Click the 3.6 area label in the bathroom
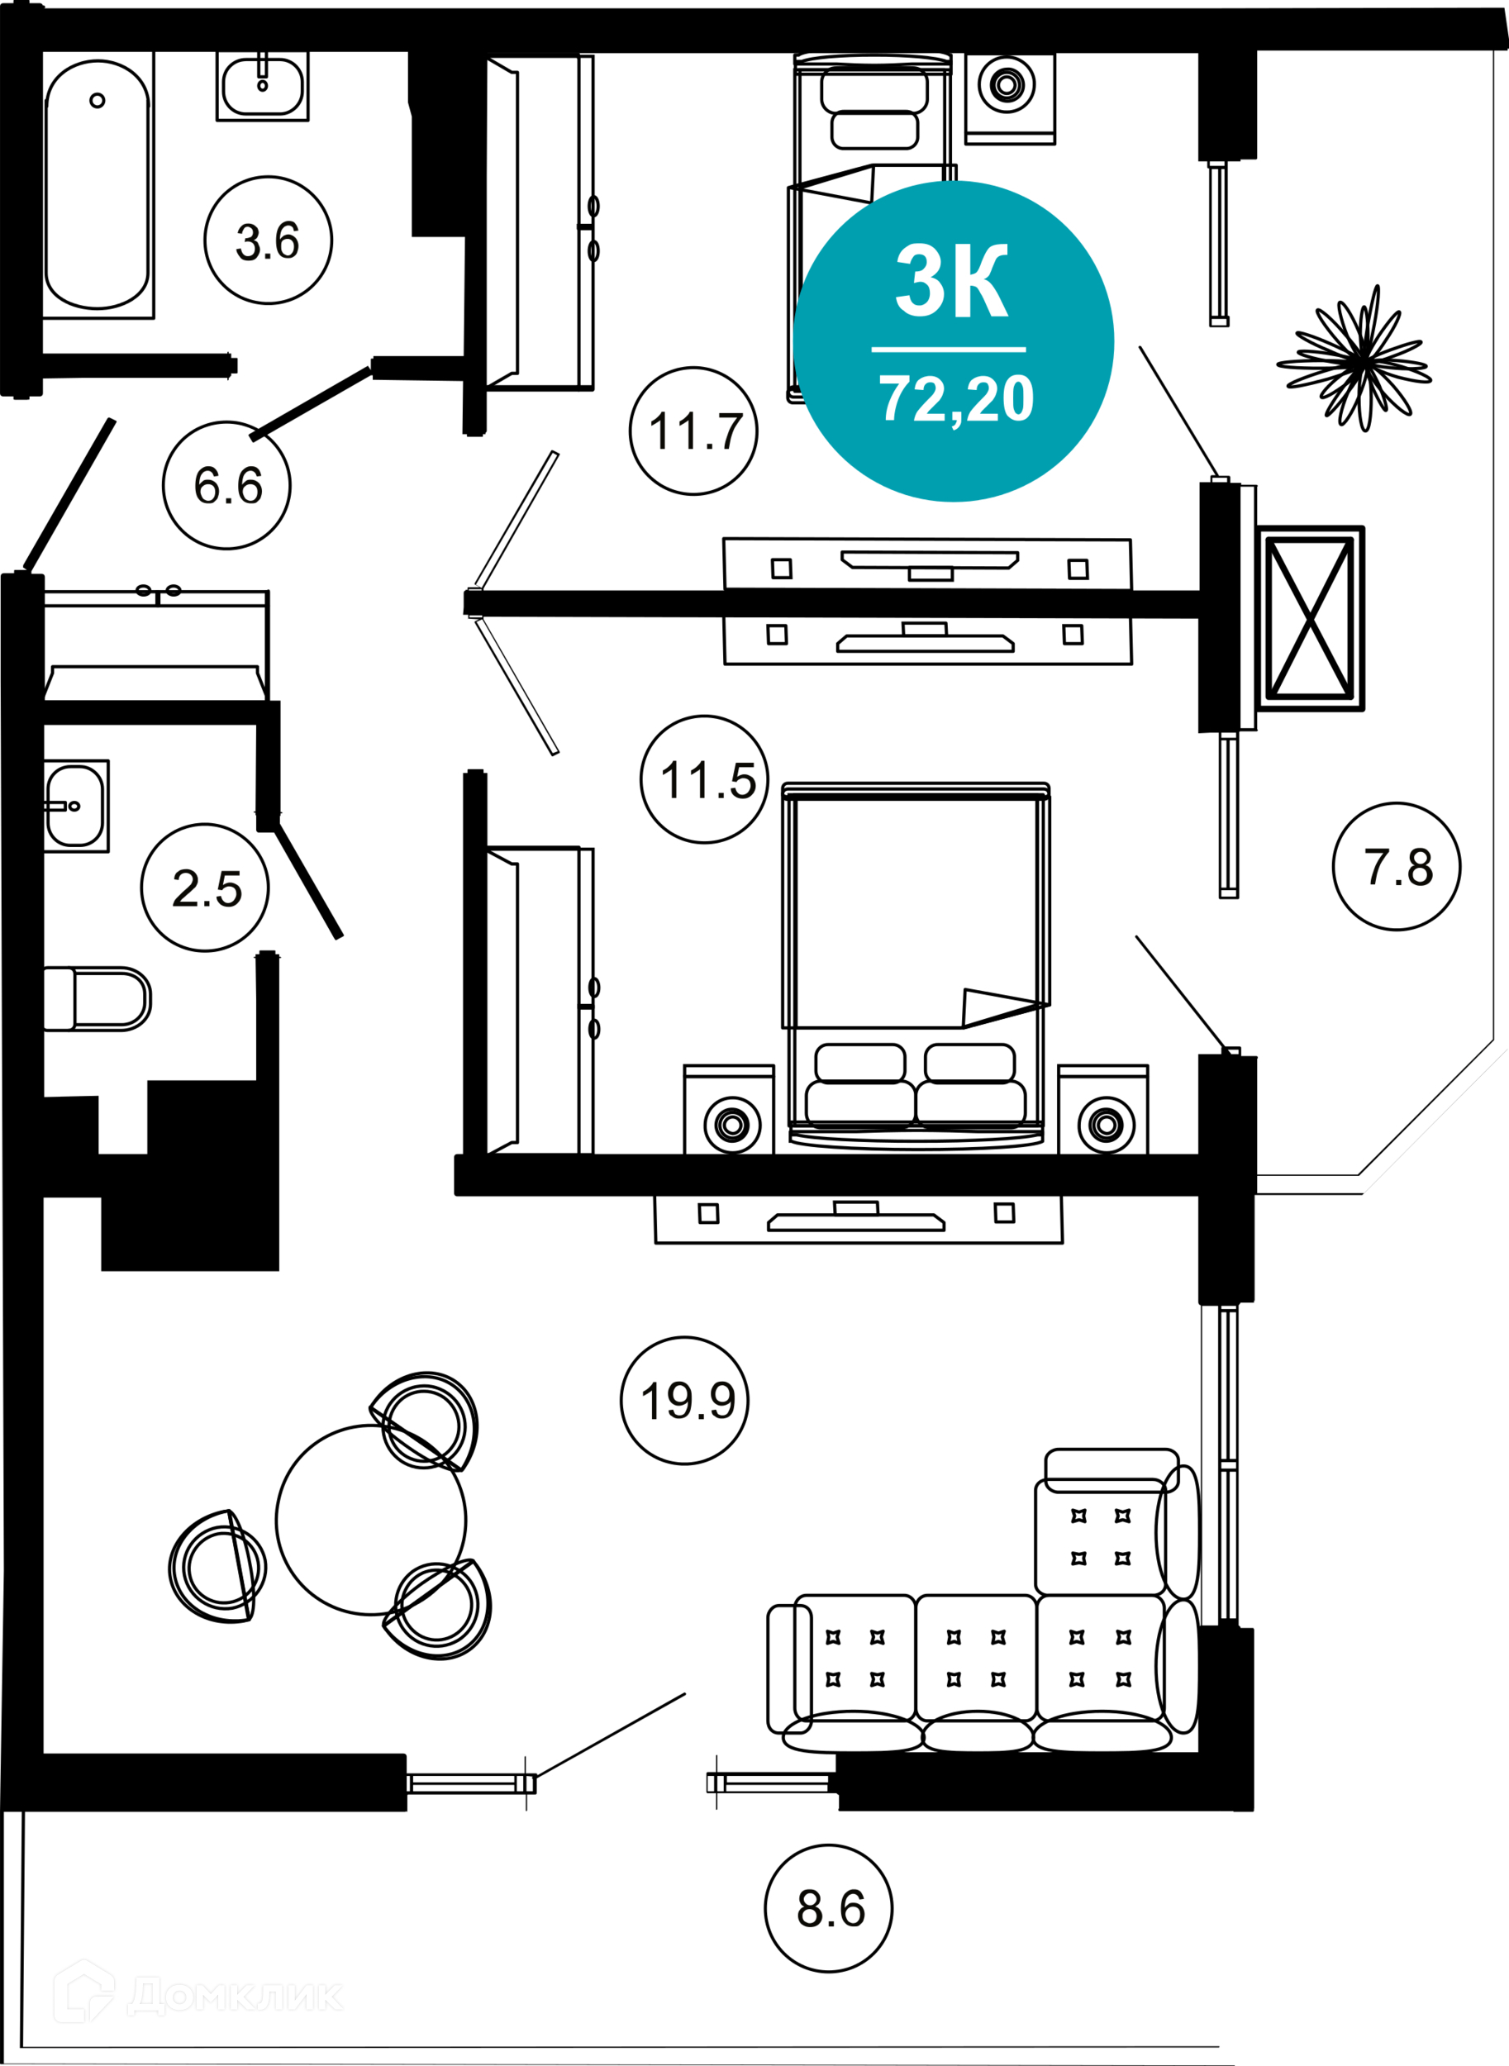click(268, 240)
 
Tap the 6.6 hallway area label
click(227, 485)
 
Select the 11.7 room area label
click(693, 431)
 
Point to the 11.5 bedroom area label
click(705, 780)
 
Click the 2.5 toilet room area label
click(206, 888)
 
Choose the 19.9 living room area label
click(685, 1400)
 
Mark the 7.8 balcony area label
click(1396, 867)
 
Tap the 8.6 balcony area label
click(829, 1908)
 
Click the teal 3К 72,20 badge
click(954, 341)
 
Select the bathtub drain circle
click(98, 101)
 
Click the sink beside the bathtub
click(262, 86)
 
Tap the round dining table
click(371, 1520)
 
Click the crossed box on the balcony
click(1310, 618)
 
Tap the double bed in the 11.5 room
click(916, 959)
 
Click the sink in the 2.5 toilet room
click(75, 807)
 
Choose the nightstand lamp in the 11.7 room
click(1007, 85)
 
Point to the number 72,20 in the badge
click(956, 399)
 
